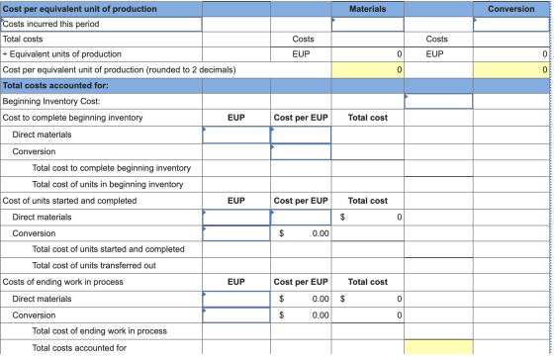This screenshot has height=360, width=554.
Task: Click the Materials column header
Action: click(x=367, y=9)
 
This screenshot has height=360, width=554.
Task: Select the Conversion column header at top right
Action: click(x=510, y=9)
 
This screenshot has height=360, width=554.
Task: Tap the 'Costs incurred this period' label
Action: click(x=50, y=24)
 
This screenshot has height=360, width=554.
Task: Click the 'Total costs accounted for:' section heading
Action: click(x=55, y=85)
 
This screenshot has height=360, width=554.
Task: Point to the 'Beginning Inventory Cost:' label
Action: click(x=51, y=101)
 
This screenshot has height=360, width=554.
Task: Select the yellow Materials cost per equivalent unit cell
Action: click(x=367, y=70)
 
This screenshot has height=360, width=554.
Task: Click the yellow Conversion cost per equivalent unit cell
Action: click(x=510, y=70)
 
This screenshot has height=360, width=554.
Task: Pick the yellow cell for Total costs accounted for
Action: click(x=438, y=347)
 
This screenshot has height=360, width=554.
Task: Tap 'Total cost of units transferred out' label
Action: click(x=94, y=265)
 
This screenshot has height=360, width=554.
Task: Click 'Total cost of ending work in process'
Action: click(x=100, y=331)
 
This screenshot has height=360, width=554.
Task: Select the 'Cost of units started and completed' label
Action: click(x=69, y=201)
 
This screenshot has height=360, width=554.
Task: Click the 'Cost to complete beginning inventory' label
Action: click(x=72, y=118)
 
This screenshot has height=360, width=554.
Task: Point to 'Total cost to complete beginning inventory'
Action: click(x=111, y=168)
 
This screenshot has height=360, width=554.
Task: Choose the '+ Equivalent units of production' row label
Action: click(x=61, y=54)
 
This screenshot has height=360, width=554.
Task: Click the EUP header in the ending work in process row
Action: click(x=236, y=282)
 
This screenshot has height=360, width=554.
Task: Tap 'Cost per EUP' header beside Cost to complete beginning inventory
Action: click(x=301, y=118)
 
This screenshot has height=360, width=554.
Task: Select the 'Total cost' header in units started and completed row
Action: click(x=367, y=201)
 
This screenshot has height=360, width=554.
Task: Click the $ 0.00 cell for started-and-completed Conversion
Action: click(x=301, y=233)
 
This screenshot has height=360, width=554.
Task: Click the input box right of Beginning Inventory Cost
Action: click(x=438, y=101)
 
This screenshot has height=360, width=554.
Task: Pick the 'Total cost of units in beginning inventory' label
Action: click(x=108, y=184)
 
